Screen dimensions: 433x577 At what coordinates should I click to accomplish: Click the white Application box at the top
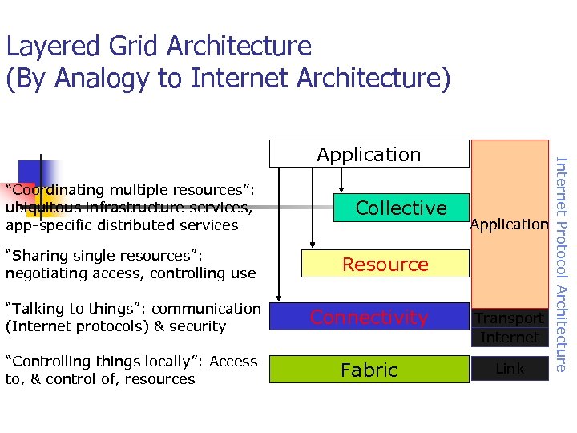click(369, 153)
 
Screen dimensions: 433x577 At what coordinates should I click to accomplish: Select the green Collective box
click(401, 208)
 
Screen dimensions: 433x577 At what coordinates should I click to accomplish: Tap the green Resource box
click(385, 264)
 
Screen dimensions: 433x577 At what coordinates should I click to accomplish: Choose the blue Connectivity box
click(369, 318)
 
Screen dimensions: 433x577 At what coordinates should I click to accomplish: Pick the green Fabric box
click(369, 370)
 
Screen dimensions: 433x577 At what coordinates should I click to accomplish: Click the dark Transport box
click(510, 318)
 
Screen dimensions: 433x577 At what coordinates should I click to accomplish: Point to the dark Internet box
click(510, 338)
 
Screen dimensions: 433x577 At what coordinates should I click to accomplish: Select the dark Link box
click(510, 369)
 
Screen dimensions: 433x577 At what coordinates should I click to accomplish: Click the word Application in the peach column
click(509, 225)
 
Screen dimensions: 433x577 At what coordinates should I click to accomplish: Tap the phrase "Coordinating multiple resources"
click(128, 190)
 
